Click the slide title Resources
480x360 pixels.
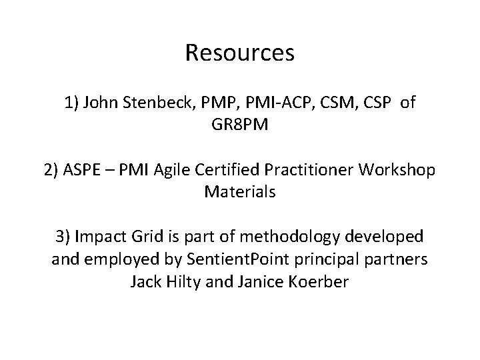[x=240, y=52]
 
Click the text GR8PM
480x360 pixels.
[x=240, y=125]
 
